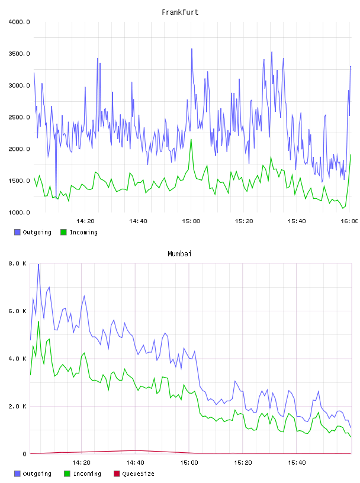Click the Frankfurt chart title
180,12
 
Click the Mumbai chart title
179,254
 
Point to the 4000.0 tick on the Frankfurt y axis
19,22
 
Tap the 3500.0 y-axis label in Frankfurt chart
19,54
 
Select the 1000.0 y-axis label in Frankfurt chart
19,212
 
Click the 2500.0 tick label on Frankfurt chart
19,117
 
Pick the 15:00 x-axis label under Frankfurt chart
191,221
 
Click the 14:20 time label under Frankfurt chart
85,221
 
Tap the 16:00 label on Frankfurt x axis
349,221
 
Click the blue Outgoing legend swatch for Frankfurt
17,232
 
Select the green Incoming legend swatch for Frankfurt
63,232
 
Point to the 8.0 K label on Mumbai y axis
17,263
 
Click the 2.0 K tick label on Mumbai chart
17,407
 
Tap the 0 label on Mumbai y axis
24,454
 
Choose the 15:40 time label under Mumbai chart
297,463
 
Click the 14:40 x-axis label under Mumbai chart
135,463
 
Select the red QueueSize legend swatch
117,474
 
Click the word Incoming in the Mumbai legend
87,474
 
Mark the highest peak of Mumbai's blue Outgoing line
38,265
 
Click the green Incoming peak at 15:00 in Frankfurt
191,140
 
